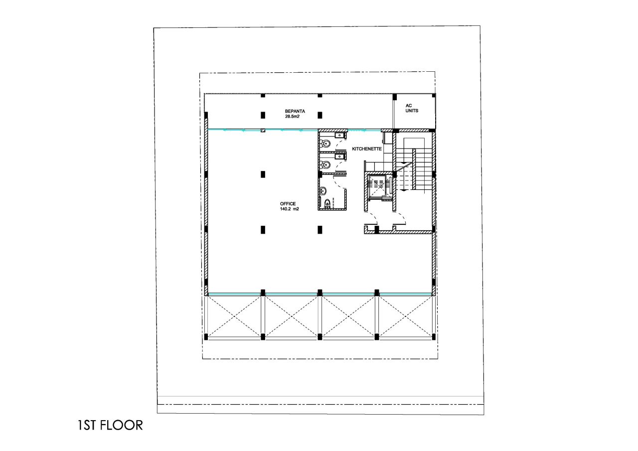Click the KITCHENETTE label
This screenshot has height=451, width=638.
click(367, 149)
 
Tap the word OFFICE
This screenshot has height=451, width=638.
click(288, 204)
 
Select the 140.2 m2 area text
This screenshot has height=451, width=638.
click(289, 209)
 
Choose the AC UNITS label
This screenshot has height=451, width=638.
click(411, 108)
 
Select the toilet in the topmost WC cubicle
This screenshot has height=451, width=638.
click(325, 144)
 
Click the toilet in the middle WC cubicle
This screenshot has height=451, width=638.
click(325, 165)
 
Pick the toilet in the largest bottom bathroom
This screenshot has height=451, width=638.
click(327, 203)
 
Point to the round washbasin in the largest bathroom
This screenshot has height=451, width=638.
click(323, 190)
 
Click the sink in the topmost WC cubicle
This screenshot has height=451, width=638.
click(340, 135)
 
